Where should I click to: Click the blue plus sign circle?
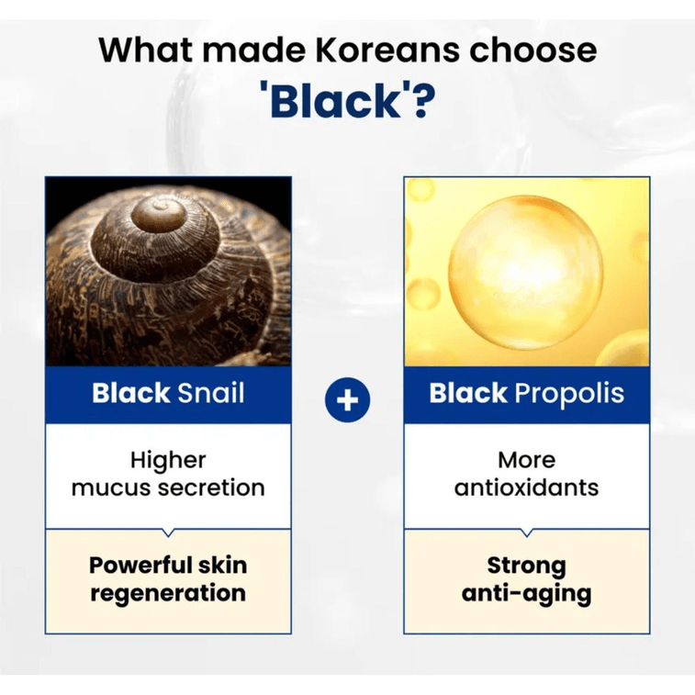348,399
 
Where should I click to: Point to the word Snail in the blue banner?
211,394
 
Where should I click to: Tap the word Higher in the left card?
168,459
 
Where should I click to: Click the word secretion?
211,487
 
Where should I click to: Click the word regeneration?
168,593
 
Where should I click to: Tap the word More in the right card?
526,459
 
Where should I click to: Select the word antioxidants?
526,487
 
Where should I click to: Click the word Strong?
526,564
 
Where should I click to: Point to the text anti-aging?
526,593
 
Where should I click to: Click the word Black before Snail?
130,394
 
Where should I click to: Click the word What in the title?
145,49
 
